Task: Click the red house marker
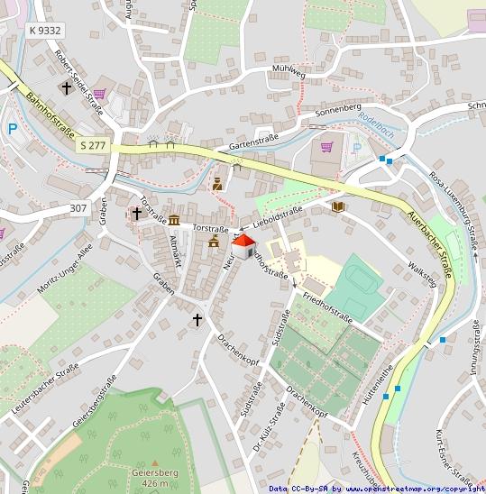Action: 243,244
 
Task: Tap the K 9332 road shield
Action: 44,31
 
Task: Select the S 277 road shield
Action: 91,144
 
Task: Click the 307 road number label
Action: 78,208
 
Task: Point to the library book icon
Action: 338,207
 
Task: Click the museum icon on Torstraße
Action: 172,220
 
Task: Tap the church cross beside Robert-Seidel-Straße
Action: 66,88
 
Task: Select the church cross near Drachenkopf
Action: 197,319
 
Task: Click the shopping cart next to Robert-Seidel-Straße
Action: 99,93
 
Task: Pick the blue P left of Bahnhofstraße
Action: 13,129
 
